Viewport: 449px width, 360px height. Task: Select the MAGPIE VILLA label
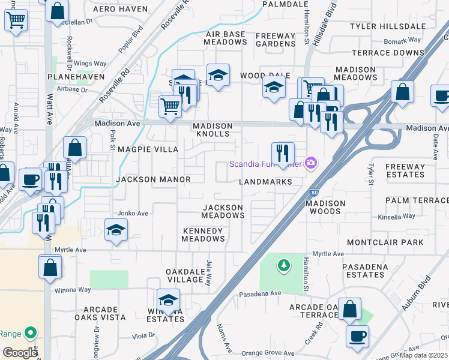click(x=147, y=149)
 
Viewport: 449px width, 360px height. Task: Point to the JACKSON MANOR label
click(x=153, y=179)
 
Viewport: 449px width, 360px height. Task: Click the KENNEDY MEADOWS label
click(x=203, y=235)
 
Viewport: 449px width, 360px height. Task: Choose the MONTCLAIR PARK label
click(x=393, y=242)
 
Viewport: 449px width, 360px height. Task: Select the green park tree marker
click(x=283, y=265)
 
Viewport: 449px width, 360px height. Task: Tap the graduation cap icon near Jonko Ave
click(x=116, y=230)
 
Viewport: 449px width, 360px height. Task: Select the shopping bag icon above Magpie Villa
click(x=74, y=147)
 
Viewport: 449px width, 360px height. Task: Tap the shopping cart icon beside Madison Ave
click(x=170, y=106)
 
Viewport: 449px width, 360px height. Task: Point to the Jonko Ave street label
click(x=133, y=213)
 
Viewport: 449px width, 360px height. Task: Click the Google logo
click(x=20, y=353)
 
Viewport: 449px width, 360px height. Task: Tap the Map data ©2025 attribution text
click(x=424, y=355)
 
